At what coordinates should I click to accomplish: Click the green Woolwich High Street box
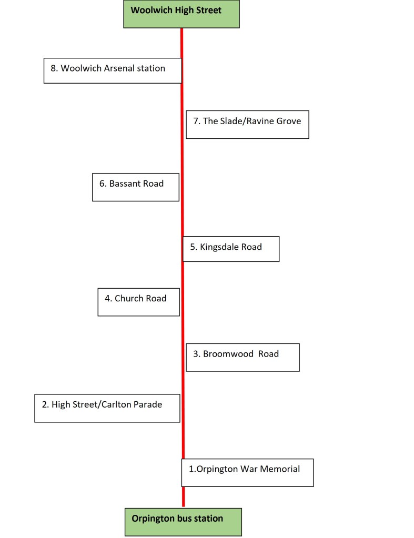[x=181, y=14]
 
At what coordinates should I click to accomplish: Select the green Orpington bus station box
[x=183, y=522]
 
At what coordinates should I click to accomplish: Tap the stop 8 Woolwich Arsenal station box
[x=113, y=70]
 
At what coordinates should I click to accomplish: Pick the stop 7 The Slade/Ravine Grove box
[x=247, y=125]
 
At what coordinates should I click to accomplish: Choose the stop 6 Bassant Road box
[x=136, y=187]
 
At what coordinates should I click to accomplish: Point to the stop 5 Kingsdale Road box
[x=231, y=249]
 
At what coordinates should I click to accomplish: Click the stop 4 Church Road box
[x=138, y=301]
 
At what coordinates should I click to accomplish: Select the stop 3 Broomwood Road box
[x=243, y=357]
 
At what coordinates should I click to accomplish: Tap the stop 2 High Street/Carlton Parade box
[x=107, y=408]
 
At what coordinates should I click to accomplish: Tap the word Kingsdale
[x=219, y=247]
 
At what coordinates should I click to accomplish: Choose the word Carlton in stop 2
[x=119, y=404]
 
